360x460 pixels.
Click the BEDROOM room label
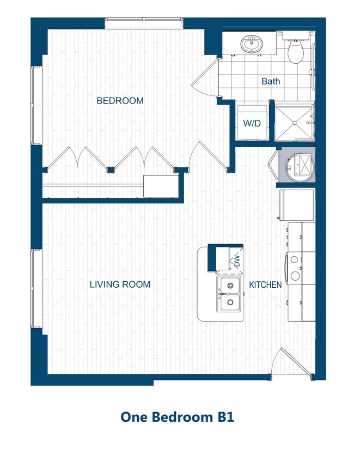(x=120, y=101)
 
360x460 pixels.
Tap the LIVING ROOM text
(x=120, y=285)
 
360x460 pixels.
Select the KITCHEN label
(x=265, y=285)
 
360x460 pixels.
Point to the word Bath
(x=271, y=81)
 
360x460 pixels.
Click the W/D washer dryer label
(x=252, y=123)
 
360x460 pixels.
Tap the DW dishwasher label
(x=237, y=261)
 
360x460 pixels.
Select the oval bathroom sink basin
(x=251, y=44)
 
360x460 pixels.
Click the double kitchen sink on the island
(x=229, y=294)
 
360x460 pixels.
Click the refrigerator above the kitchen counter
(x=297, y=204)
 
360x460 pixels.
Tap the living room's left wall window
(x=36, y=289)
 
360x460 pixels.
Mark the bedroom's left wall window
(x=36, y=106)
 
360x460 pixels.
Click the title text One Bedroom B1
(x=177, y=417)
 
